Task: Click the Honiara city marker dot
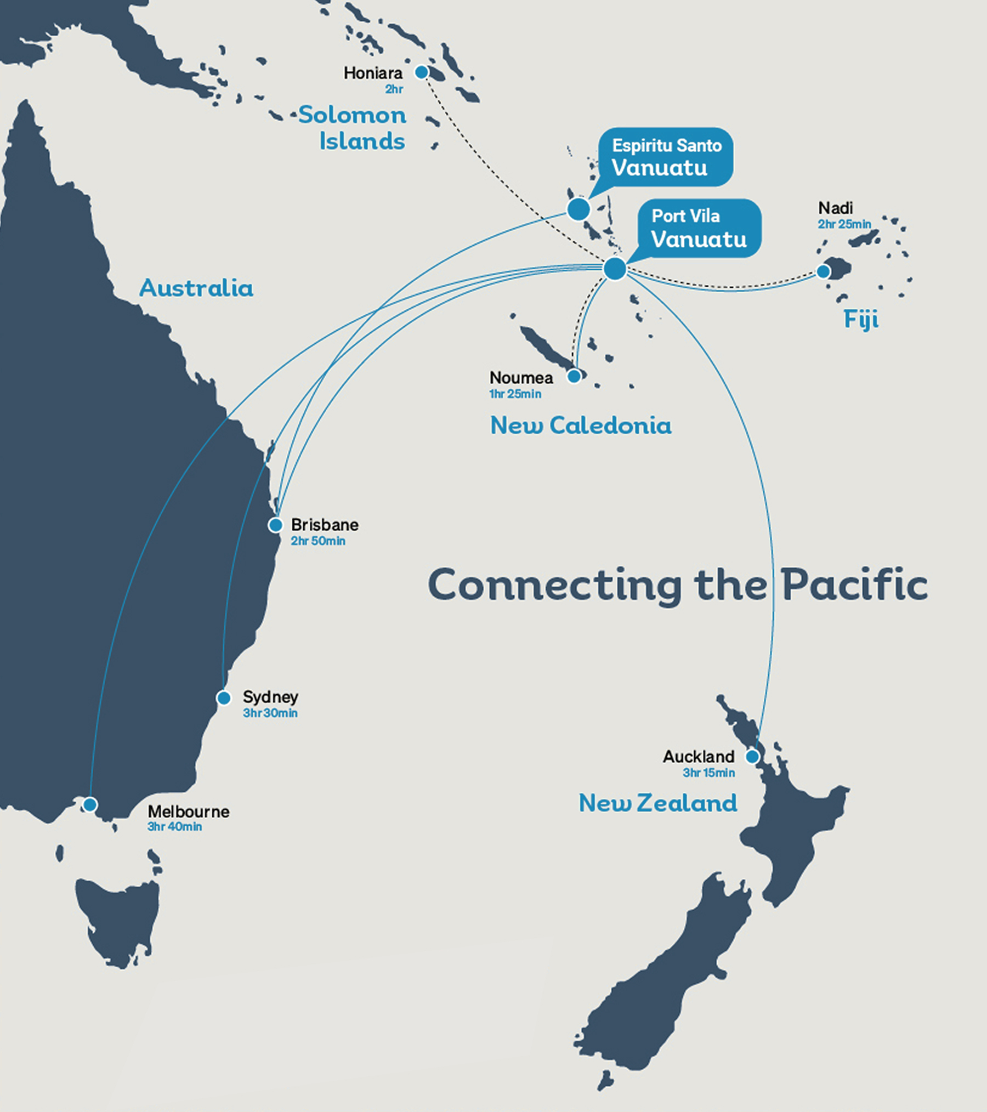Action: [421, 72]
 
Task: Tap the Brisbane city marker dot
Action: [275, 525]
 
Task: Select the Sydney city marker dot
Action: [224, 698]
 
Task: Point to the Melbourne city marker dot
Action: [90, 804]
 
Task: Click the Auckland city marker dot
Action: [752, 757]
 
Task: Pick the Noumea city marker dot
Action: [574, 376]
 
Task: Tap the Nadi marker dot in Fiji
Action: [823, 271]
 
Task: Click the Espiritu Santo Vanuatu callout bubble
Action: [666, 157]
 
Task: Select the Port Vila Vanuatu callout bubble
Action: [699, 228]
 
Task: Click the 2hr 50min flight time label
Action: [318, 541]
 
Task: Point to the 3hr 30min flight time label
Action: [270, 713]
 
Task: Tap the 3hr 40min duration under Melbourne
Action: [174, 827]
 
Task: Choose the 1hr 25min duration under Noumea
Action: [515, 394]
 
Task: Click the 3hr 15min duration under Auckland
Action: [708, 773]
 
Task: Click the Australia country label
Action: [196, 288]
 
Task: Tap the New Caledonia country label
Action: [581, 425]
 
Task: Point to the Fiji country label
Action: [861, 319]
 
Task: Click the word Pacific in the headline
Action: [854, 585]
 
